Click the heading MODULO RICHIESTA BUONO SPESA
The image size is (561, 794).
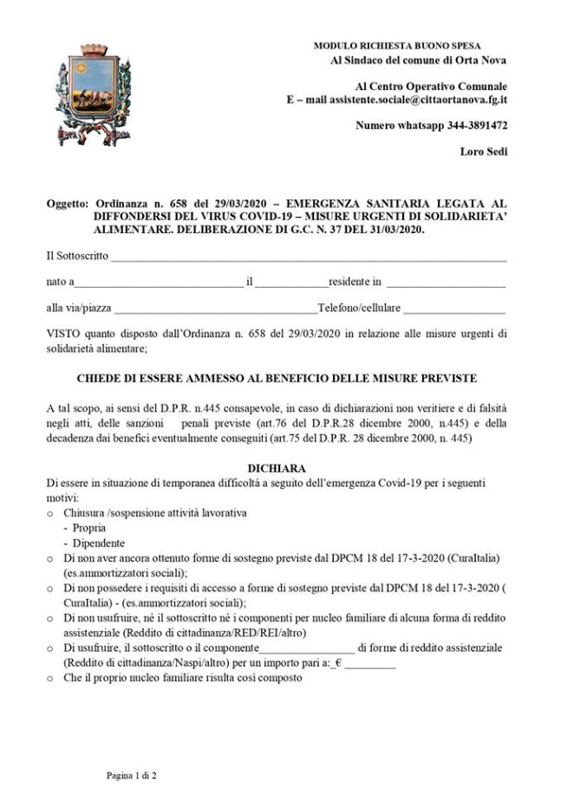(x=396, y=45)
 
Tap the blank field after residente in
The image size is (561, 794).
(x=446, y=282)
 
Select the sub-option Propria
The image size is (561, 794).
(x=90, y=527)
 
